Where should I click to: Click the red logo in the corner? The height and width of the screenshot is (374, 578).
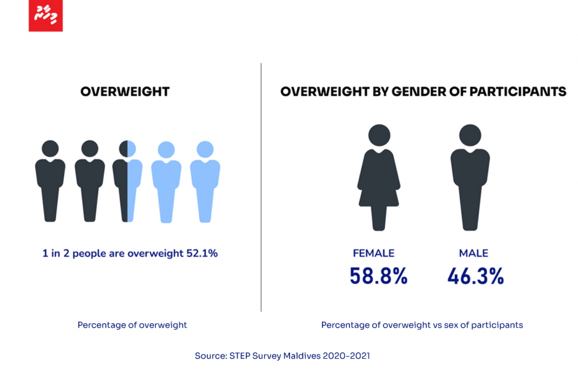[45, 16]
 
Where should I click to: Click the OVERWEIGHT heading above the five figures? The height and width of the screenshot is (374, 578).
[125, 92]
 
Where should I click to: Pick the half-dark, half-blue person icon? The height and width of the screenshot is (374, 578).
[128, 181]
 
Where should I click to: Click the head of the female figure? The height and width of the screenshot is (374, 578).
[379, 135]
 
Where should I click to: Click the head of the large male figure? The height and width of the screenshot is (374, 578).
[470, 135]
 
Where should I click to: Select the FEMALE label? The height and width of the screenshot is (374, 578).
[373, 253]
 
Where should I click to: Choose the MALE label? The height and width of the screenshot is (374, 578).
[474, 253]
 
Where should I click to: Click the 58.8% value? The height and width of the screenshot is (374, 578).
[378, 276]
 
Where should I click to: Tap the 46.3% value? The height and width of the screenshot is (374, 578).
[476, 276]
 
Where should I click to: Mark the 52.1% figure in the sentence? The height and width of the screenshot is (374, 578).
[202, 253]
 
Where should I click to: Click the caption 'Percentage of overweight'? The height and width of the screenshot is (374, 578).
[132, 325]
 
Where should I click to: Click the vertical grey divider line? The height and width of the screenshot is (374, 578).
[261, 187]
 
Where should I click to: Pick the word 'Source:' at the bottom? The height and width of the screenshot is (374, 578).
[211, 355]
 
